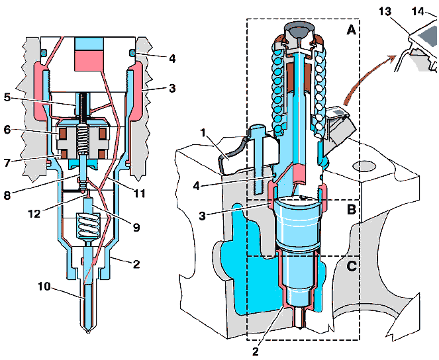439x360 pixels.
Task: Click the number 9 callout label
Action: [x=136, y=227]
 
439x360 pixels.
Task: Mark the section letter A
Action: [x=349, y=29]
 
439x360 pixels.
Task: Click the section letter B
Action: [x=351, y=211]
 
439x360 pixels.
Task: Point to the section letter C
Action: [x=351, y=267]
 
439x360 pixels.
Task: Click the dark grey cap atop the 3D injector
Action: [x=297, y=30]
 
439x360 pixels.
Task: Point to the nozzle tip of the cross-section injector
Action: [x=89, y=330]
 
